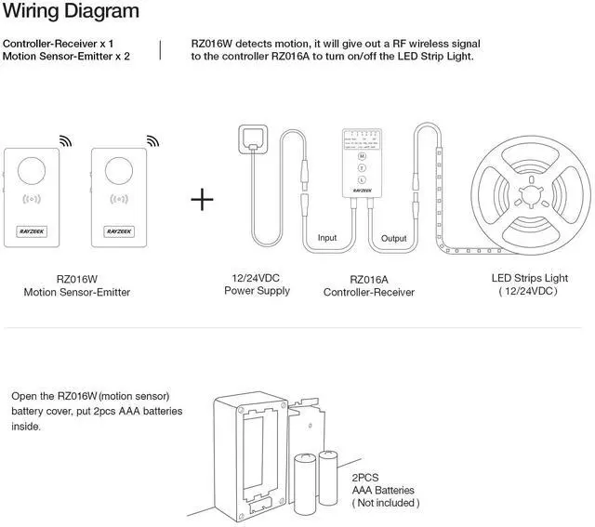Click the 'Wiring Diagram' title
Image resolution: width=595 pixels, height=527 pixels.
coord(71,12)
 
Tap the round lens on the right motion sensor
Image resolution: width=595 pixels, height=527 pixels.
coord(119,169)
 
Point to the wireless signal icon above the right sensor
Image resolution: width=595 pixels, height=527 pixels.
coord(152,140)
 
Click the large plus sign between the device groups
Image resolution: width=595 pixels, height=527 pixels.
coord(202,199)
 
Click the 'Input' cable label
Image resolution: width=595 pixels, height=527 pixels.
coord(327,238)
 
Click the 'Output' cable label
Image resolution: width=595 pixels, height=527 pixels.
coord(394,238)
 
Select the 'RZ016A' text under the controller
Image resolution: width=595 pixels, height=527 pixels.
coord(368,278)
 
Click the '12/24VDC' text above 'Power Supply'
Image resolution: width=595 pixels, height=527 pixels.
coord(257,278)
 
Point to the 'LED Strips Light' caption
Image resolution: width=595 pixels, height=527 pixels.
coord(529,278)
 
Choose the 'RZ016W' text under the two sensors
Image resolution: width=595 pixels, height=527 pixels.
coord(76,278)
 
